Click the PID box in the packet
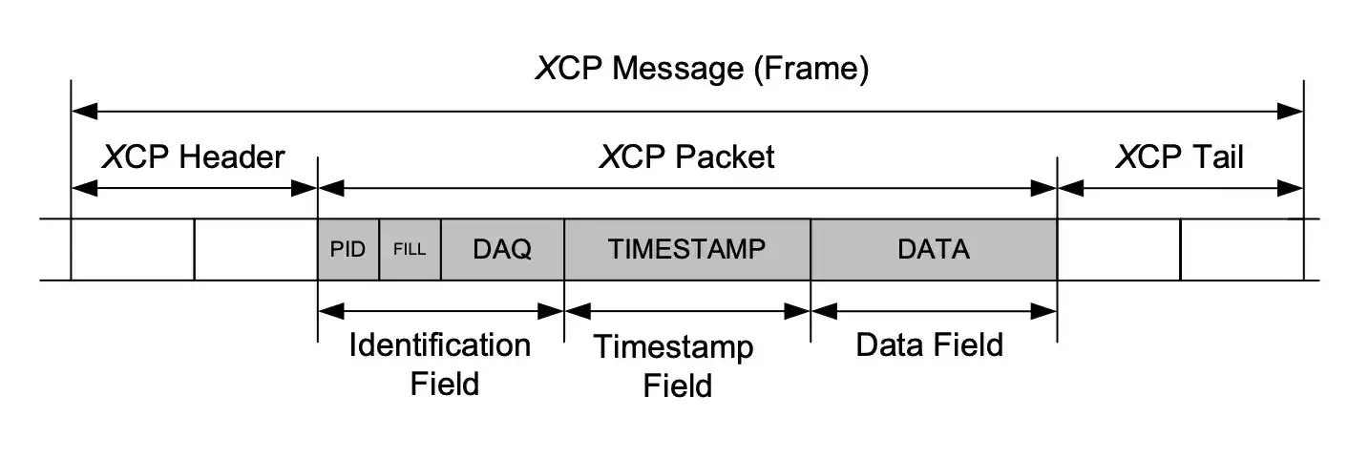348,250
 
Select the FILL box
410,250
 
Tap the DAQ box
502,250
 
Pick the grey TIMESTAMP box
686,250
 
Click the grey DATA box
933,250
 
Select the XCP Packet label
686,156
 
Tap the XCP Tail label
1179,156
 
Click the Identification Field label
440,364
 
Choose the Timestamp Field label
675,366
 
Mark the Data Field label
929,344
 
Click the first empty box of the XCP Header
132,250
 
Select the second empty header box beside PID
255,250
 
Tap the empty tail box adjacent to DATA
1118,250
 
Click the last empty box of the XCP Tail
1241,250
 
